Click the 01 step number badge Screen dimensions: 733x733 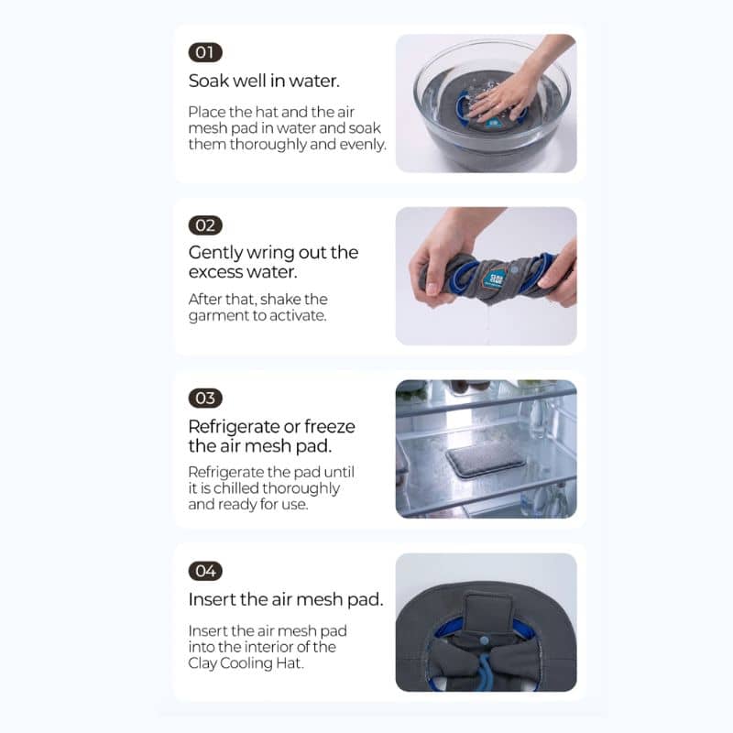(205, 52)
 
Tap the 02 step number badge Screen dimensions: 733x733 (205, 225)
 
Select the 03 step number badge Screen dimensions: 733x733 (205, 399)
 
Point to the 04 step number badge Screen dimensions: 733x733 (205, 571)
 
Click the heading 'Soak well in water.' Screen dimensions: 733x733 (264, 81)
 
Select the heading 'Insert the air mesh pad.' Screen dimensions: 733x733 (286, 599)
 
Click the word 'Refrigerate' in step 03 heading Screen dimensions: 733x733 (234, 427)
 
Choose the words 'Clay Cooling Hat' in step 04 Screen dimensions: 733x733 (245, 663)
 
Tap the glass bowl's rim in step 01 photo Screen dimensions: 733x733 (492, 46)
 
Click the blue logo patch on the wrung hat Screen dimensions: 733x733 (494, 279)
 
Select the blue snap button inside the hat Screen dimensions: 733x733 (485, 640)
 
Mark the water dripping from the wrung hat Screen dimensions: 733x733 (487, 323)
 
